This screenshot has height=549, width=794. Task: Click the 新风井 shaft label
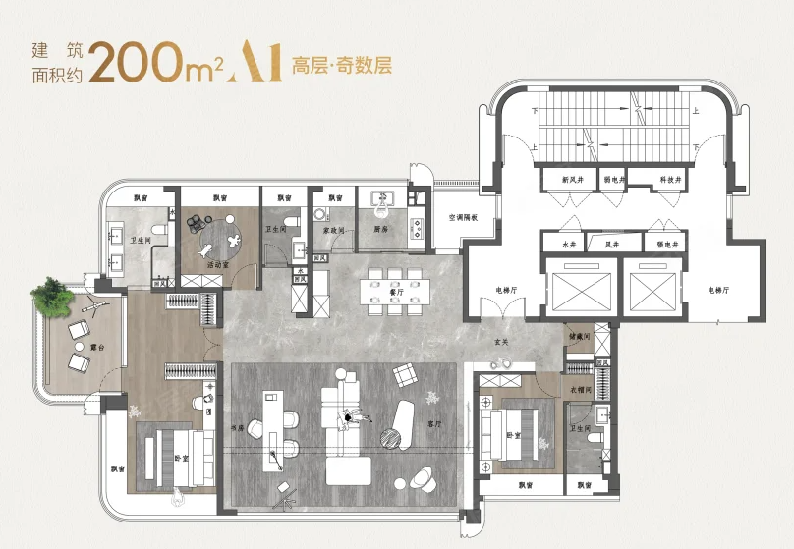click(x=572, y=180)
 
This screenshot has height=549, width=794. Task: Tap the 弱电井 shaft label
click(x=614, y=180)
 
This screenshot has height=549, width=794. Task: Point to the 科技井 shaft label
click(x=672, y=180)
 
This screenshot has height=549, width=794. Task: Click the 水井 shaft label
click(x=567, y=242)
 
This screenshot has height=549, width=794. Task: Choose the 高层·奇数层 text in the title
click(x=342, y=67)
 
